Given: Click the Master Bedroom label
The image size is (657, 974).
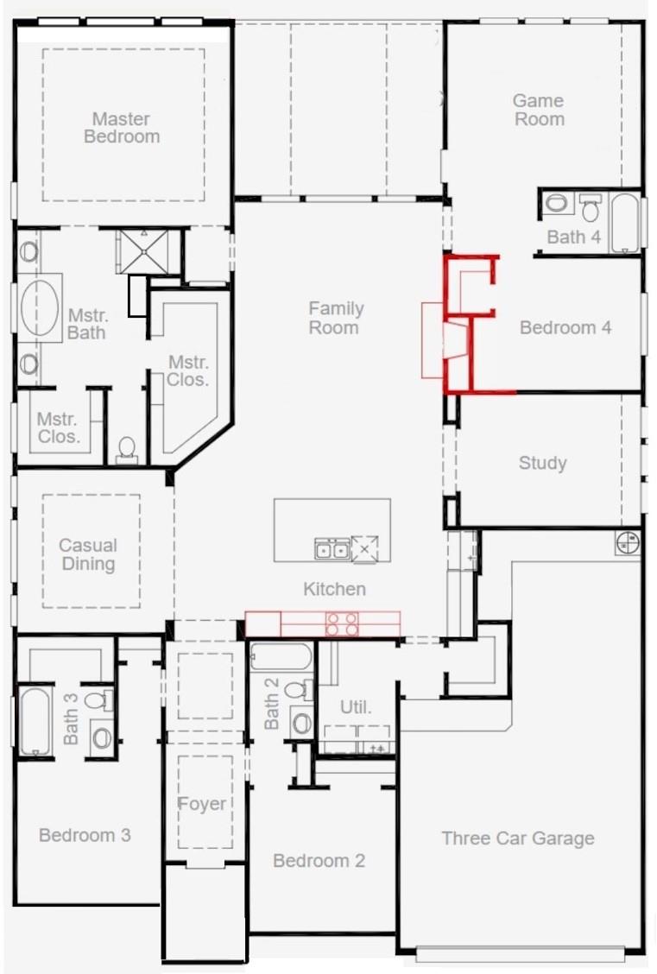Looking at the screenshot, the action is click(122, 127).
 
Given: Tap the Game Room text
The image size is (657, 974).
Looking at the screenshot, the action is click(539, 110).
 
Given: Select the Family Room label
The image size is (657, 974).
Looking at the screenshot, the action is click(335, 318).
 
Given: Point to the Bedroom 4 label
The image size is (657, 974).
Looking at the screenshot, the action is click(565, 327).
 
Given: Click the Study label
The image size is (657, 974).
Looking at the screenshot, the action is click(543, 463).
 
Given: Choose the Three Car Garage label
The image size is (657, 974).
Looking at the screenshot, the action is click(518, 838).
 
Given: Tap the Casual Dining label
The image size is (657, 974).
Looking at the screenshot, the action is click(88, 554).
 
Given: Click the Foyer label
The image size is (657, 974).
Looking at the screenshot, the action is click(201, 804).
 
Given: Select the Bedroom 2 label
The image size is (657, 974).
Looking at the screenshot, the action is click(319, 860).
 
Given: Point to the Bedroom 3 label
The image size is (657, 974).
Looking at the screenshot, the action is click(85, 835).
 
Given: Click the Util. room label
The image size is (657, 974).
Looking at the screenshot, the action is click(356, 707).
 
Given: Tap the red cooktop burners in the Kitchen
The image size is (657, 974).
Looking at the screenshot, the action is click(342, 623).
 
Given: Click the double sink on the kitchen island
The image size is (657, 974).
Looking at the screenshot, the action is click(332, 549).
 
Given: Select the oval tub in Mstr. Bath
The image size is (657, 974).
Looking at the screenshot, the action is click(40, 308).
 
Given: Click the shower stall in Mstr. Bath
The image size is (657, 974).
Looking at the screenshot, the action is click(143, 251).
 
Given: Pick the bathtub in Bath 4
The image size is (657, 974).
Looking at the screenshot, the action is click(625, 223).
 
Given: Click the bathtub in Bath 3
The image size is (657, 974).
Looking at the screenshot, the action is click(35, 720).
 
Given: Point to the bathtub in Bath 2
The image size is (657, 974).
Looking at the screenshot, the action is click(281, 656).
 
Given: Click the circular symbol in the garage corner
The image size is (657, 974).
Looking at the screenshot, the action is click(627, 542).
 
